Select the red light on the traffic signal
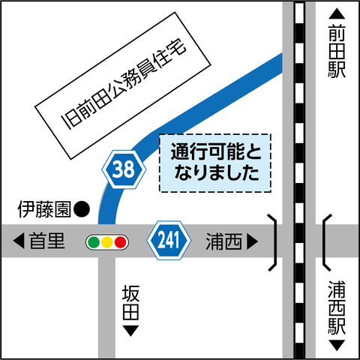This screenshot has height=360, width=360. point(120,242)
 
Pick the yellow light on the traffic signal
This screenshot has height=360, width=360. point(107,242)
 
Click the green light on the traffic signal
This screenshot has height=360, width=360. point(94,242)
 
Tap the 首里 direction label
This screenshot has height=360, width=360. point(48,241)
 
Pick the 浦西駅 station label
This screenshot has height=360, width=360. point(337,307)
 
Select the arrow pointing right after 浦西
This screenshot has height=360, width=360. point(252,241)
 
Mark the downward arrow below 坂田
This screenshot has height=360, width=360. point(130,330)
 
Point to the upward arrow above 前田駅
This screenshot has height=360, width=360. point(337,13)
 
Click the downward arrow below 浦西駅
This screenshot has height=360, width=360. point(337,346)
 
